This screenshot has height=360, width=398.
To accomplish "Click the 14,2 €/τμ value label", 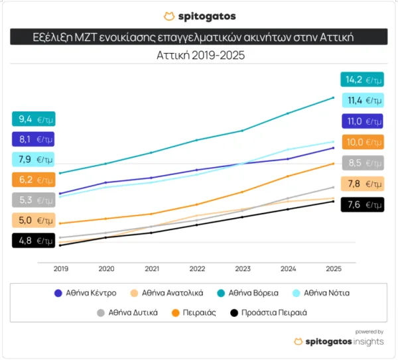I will click(x=362, y=80).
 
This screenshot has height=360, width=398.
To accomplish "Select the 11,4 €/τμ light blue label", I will click(x=362, y=101).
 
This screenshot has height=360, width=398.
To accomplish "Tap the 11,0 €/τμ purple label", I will click(x=362, y=121).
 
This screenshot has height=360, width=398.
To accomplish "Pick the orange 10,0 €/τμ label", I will click(x=362, y=142).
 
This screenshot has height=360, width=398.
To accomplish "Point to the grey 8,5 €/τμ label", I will click(x=362, y=162).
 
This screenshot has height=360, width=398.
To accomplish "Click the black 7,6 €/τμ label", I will click(x=362, y=204).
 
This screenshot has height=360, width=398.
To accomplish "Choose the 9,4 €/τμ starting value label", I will click(x=33, y=119).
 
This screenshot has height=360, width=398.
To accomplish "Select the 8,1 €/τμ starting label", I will click(x=33, y=139).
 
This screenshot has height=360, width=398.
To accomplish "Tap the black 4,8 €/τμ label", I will click(x=33, y=241).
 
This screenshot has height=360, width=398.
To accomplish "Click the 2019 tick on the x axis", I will click(x=60, y=269).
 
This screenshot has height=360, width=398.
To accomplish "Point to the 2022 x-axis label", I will click(x=196, y=269).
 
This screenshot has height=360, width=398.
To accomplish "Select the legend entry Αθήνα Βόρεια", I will click(x=247, y=292).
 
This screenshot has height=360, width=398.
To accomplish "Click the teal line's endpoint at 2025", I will click(x=332, y=97).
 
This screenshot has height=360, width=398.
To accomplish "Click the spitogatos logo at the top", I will click(x=199, y=16).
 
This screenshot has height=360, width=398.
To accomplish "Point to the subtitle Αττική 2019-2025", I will click(x=199, y=56).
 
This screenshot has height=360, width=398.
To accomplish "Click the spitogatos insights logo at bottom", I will click(x=339, y=341).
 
